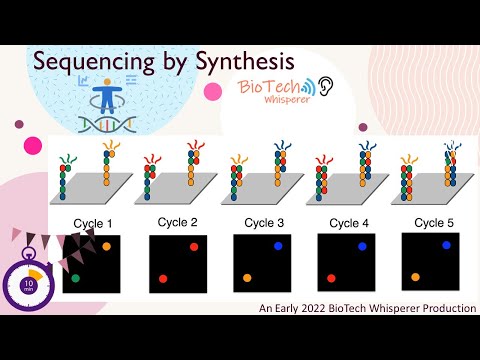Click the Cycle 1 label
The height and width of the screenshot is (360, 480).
point(93,222)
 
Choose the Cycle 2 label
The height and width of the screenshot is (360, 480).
point(178,221)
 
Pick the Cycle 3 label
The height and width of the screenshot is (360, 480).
point(262,222)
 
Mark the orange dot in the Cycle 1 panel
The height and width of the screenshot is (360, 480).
point(107,246)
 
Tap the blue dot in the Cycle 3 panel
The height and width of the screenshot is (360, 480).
point(278,245)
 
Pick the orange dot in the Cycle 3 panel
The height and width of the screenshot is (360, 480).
point(246,277)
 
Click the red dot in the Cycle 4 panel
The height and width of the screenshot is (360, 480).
point(331,278)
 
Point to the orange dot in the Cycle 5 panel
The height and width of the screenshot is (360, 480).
point(415,277)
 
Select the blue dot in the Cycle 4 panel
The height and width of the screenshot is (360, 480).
point(362,246)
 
